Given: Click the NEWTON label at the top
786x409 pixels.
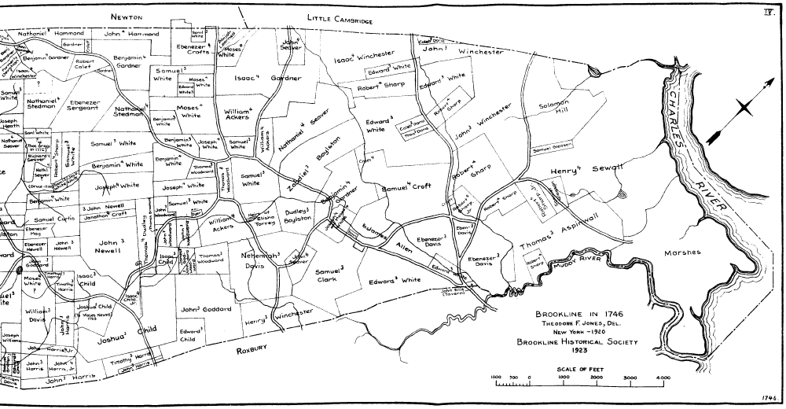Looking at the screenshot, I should pos(127,16).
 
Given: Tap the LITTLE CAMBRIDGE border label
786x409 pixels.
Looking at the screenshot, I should pos(339,20).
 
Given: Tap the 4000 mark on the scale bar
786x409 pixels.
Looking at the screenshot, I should pos(663,378).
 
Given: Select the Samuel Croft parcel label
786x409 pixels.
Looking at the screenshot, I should pos(407,188).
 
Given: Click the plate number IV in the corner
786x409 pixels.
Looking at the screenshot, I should pos(769,12).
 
